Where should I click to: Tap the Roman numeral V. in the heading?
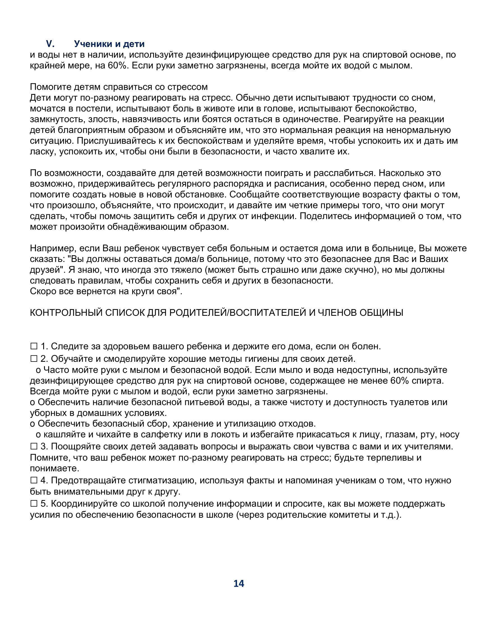tap(50, 44)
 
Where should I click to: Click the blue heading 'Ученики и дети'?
tap(109, 44)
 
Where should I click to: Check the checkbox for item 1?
tap(34, 346)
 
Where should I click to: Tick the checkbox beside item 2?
tap(34, 359)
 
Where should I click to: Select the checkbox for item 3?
tap(34, 446)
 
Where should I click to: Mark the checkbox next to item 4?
tap(34, 480)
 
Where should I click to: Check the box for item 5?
tap(34, 503)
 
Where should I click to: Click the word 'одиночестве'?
tap(311, 119)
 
